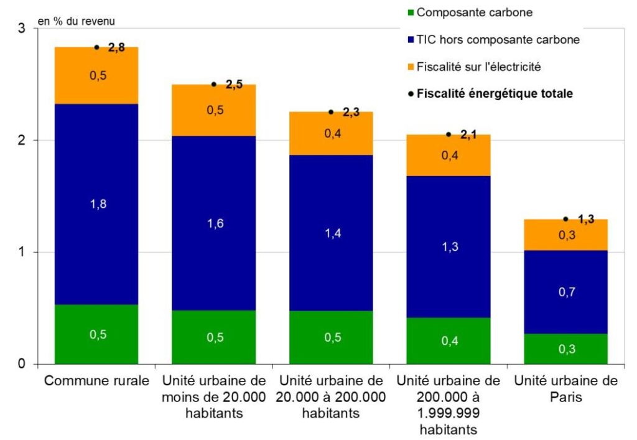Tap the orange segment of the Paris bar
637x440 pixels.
coord(565,235)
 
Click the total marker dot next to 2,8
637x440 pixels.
coord(96,47)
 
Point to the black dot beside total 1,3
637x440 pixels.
coord(565,219)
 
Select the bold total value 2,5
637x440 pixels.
coord(234,85)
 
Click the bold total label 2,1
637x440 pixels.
coord(469,134)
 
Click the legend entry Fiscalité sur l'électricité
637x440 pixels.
coord(483,66)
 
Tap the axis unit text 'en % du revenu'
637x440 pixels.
coord(77,21)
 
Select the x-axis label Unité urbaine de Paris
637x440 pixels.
coord(565,388)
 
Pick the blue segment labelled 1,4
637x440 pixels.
coord(331,233)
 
